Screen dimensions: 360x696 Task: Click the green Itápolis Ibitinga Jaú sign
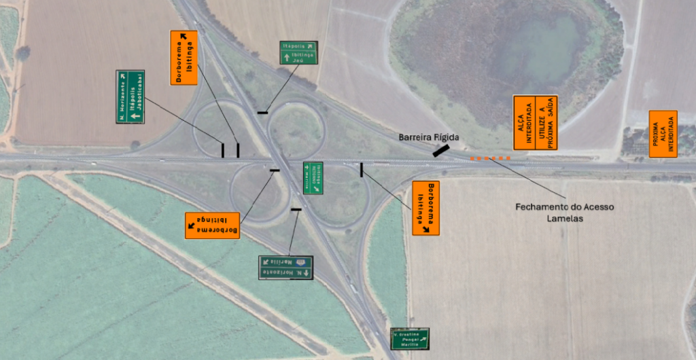pos(299,53)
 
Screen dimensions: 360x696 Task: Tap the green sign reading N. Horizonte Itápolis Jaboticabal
pos(130,96)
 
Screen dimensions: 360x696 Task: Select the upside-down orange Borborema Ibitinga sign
pos(213,225)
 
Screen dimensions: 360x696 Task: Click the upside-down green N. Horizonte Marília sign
pos(285,267)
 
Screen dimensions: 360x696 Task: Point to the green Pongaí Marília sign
pos(410,338)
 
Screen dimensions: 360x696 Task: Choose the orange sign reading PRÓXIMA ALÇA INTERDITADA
pos(663,134)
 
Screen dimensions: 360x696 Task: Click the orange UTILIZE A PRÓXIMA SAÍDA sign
pos(546,122)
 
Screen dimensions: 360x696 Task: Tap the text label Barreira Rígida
pos(429,137)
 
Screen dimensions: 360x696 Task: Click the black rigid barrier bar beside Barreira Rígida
pos(440,151)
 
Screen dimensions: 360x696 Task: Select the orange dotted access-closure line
pos(490,158)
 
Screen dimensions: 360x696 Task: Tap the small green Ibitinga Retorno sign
pos(313,177)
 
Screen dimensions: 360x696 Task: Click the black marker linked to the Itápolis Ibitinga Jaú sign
pos(262,111)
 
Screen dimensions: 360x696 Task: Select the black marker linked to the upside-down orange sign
pos(275,170)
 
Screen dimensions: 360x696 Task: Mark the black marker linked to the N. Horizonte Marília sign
pos(296,209)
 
